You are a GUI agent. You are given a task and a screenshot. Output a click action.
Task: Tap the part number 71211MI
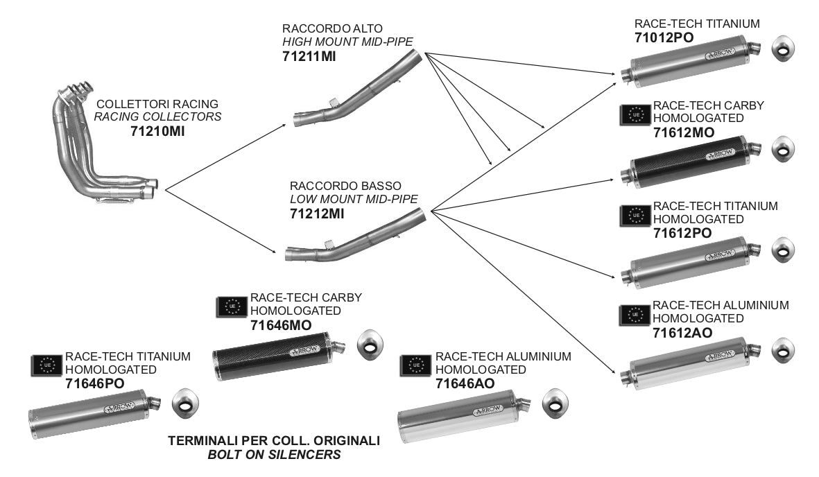point(309,56)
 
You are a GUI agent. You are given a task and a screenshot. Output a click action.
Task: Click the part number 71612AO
point(682,333)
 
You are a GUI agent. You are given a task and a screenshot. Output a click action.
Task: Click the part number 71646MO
point(281,324)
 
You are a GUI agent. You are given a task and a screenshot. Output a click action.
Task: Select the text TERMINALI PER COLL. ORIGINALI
point(274,441)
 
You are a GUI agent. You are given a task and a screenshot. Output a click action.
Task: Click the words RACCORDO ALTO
point(318,28)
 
